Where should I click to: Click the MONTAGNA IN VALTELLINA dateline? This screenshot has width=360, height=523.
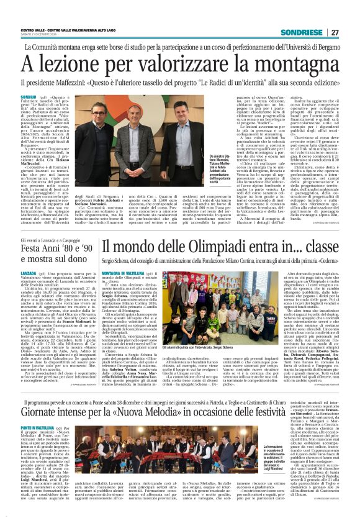(124, 273)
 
